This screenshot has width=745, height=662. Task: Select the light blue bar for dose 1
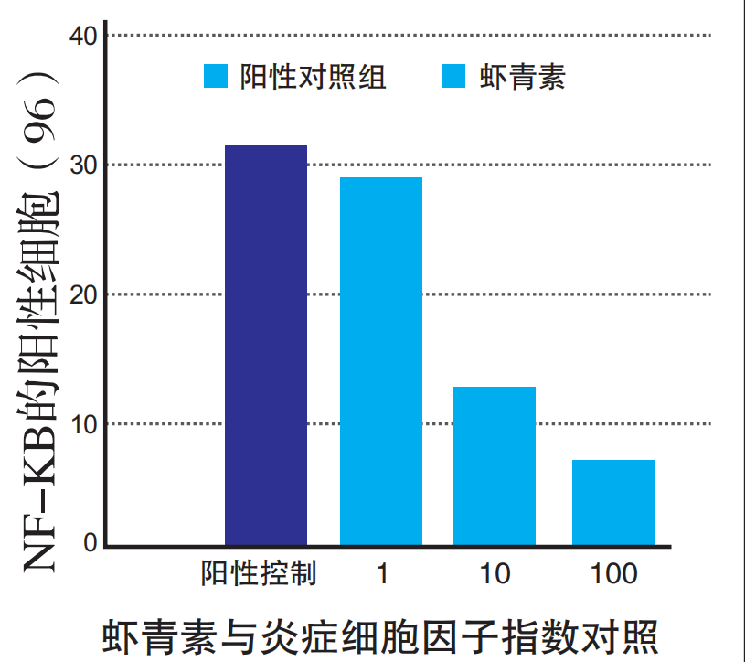(x=381, y=361)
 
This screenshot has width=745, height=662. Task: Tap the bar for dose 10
(x=495, y=466)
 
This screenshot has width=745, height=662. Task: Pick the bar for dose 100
(x=613, y=503)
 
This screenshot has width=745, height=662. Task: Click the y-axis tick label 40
(x=83, y=37)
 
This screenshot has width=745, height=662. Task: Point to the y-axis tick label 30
(x=83, y=165)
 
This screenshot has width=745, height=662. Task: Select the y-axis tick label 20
(x=83, y=294)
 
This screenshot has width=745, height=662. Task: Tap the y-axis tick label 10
(x=83, y=423)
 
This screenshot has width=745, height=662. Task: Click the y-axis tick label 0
(x=90, y=544)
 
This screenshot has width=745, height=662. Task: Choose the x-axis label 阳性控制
(x=259, y=574)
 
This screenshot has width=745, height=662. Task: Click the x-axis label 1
(x=382, y=574)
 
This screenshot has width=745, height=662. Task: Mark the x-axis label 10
(x=495, y=574)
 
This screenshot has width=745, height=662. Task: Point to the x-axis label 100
(x=613, y=574)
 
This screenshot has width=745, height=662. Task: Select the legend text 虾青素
(x=522, y=77)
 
